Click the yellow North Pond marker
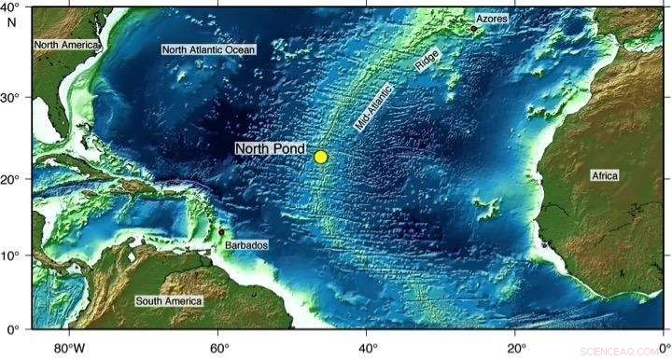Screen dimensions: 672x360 [321, 157]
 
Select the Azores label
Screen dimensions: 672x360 [493, 19]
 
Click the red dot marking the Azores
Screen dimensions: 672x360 [473, 28]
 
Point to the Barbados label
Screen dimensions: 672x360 [246, 245]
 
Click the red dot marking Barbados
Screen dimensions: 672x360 [221, 231]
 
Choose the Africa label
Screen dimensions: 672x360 [606, 175]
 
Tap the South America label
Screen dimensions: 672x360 [169, 301]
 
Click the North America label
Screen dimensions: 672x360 [65, 44]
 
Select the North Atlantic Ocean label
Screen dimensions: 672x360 [209, 49]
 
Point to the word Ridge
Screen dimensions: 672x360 [427, 62]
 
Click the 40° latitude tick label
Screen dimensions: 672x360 [13, 8]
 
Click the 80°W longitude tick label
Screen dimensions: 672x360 [69, 348]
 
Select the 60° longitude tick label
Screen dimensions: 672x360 [217, 348]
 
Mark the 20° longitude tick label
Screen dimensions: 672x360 [515, 348]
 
